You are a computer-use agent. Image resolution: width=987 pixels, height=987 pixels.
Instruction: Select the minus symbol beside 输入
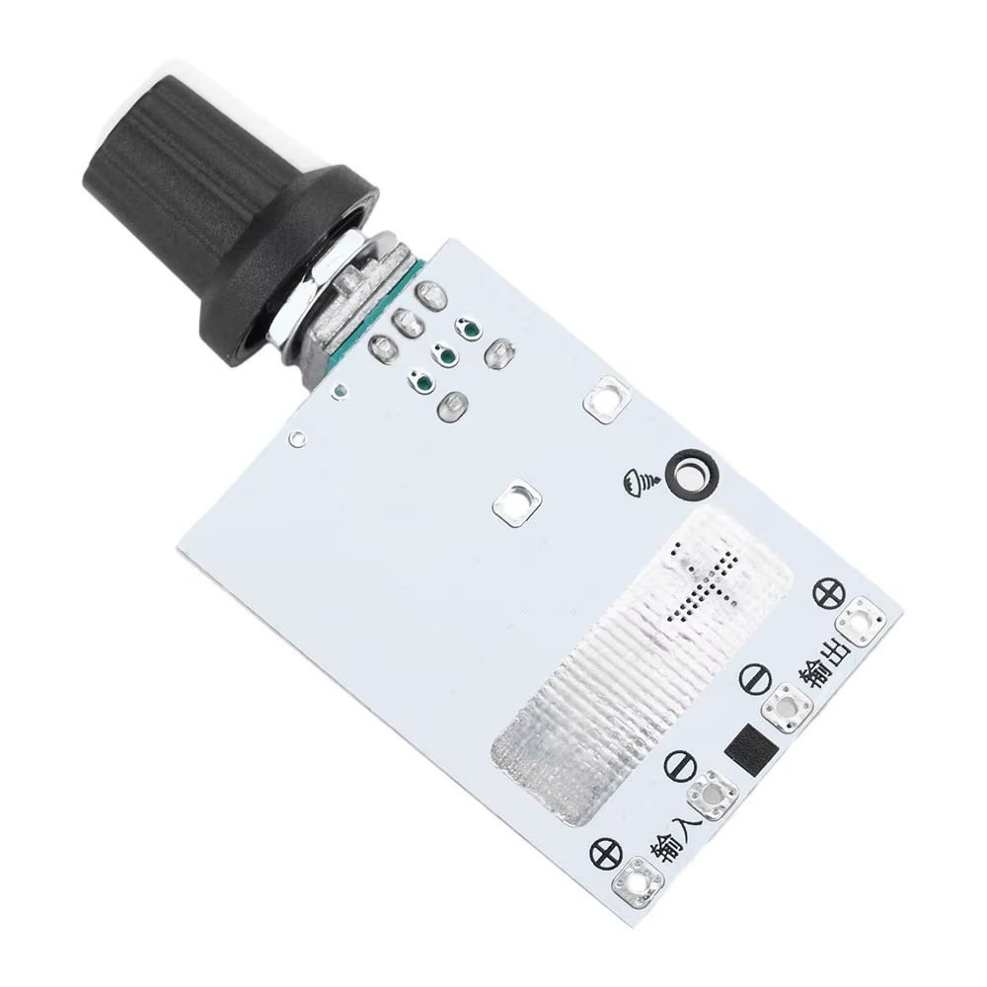click(x=680, y=766)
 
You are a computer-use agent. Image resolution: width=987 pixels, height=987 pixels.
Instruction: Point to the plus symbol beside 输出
click(x=828, y=592)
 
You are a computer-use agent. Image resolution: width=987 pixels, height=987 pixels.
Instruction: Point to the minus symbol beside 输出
click(x=754, y=678)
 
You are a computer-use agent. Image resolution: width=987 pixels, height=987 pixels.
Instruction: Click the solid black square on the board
click(x=751, y=748)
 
